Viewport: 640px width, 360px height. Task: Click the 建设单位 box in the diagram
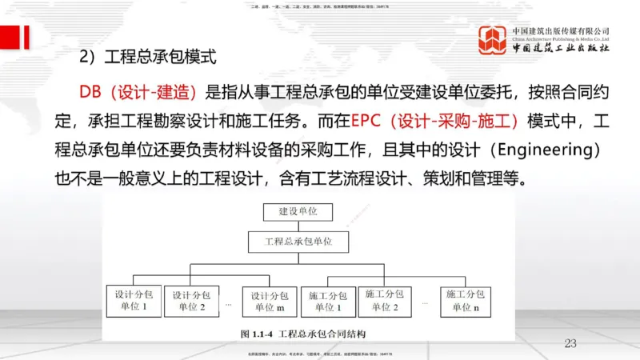click(x=298, y=213)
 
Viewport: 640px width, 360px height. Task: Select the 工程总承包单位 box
click(x=298, y=240)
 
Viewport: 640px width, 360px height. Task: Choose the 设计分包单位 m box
click(x=269, y=299)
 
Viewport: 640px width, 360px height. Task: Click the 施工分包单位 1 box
click(x=326, y=299)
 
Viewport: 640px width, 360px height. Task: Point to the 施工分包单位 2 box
click(x=385, y=299)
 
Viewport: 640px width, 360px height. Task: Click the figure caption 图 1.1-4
click(x=297, y=331)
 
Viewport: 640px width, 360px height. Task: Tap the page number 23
click(x=570, y=343)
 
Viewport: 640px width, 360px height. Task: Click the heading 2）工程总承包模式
click(x=148, y=58)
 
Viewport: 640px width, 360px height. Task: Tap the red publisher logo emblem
click(x=494, y=38)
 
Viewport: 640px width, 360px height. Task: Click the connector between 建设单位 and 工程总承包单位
click(x=298, y=226)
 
